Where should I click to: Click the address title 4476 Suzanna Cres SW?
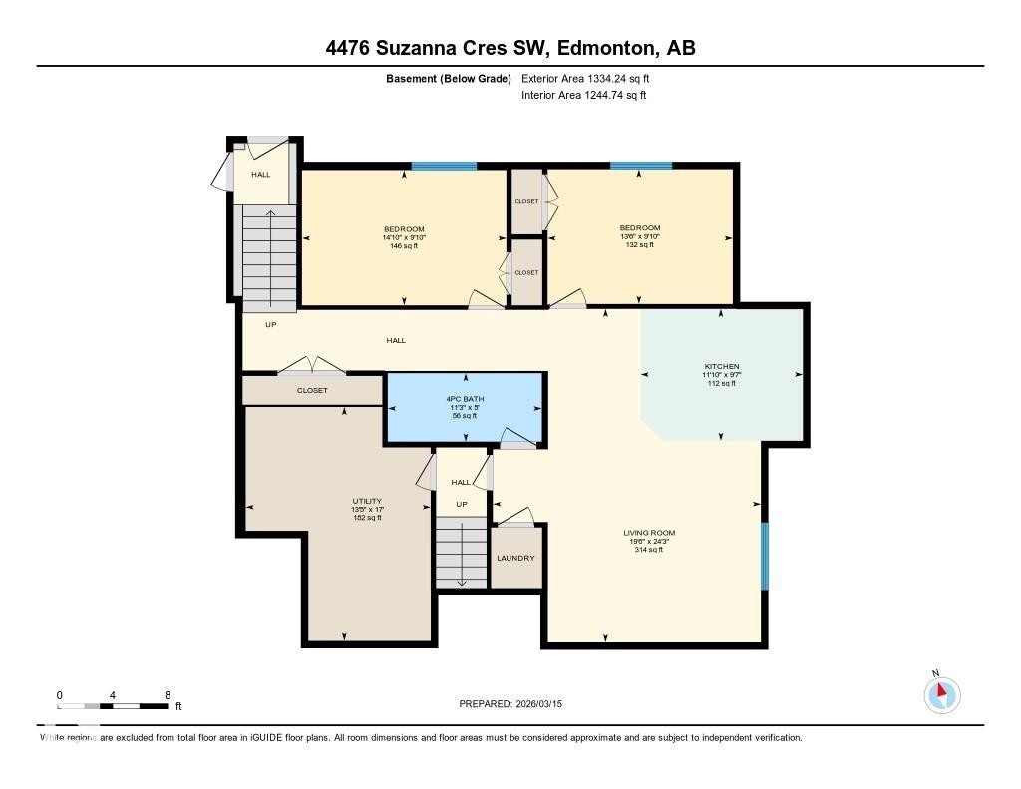tap(510, 48)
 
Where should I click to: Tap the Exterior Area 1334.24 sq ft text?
tap(587, 78)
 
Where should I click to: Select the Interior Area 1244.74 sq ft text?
tap(584, 96)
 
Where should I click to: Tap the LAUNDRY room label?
tap(515, 558)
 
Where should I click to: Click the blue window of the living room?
tap(765, 556)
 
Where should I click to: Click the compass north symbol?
tap(941, 693)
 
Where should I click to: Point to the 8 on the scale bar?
tap(167, 695)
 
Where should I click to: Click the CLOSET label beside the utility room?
tap(312, 390)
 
